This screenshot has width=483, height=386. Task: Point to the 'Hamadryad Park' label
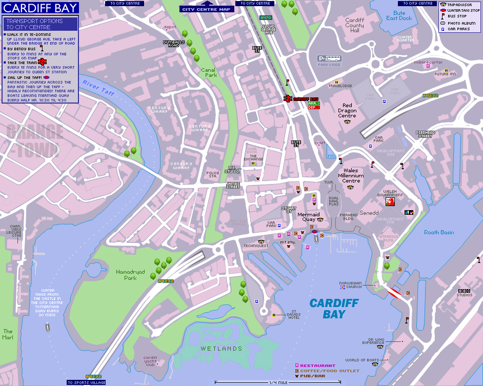126,275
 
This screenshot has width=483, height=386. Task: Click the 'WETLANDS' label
221,349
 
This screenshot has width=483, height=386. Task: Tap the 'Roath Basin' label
439,232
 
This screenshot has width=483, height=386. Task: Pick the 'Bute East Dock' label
399,16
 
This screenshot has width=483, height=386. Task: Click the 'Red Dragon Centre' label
347,110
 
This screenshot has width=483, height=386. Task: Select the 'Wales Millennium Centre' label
351,176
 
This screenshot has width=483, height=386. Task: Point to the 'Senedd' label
369,212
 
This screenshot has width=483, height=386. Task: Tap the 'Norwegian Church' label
351,285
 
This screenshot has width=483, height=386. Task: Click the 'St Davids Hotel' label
293,314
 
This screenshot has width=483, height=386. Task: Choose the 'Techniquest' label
256,246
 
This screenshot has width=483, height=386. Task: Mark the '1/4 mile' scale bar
277,382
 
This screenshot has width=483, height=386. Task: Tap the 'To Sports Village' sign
86,382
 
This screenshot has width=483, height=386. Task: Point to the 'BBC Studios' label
465,293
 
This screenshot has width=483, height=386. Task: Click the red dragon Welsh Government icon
390,202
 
